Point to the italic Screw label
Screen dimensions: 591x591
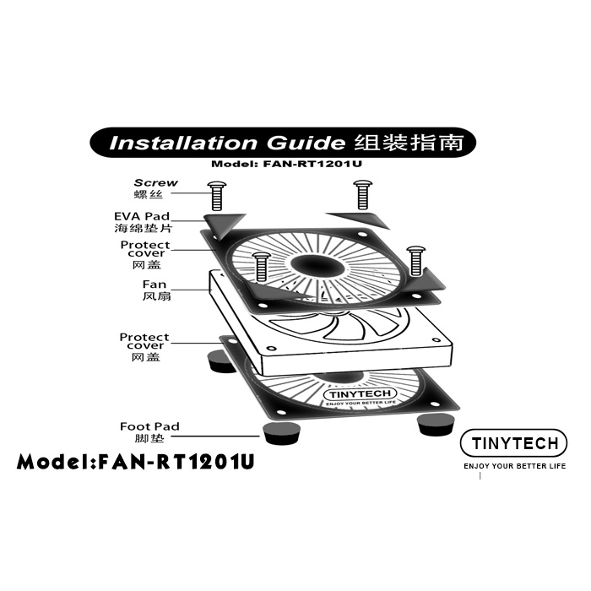pos(155,182)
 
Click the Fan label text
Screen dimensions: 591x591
pos(155,285)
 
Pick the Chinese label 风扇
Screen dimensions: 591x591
pos(155,297)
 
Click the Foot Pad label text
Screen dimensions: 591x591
pos(149,427)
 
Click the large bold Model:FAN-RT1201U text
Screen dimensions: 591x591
pos(136,463)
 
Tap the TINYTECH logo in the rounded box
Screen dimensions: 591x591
pos(514,444)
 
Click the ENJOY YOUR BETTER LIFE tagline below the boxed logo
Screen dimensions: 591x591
pos(515,466)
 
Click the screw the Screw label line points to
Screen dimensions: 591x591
pos(215,196)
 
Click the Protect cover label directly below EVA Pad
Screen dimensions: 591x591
pos(144,250)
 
